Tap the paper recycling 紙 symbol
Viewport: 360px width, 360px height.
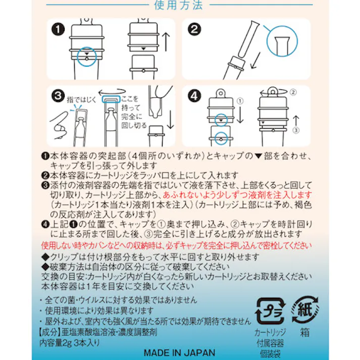coord(305,310)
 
